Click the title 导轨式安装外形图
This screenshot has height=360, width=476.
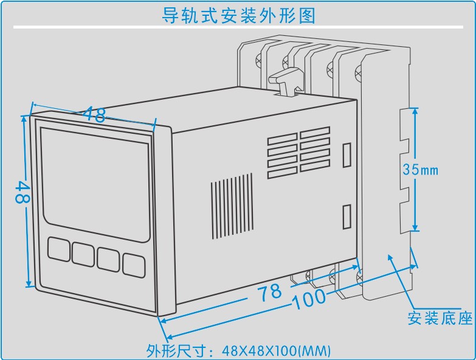point(238,15)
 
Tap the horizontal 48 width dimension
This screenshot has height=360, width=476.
point(95,114)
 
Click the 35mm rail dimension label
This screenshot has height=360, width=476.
point(420,170)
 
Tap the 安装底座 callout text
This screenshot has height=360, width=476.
point(440,317)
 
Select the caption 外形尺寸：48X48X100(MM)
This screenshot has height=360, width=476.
point(238,350)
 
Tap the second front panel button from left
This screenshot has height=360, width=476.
point(83,253)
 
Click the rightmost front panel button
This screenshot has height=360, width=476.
point(134,263)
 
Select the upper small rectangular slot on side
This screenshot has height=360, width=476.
point(347,154)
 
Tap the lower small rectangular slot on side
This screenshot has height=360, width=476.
point(347,215)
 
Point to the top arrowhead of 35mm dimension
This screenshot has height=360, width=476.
point(415,112)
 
